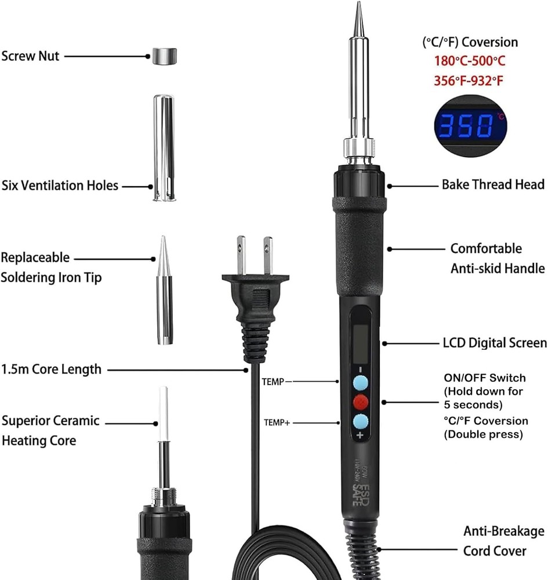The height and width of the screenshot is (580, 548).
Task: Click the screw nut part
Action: point(165,56)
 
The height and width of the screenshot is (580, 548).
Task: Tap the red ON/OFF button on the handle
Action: point(361,402)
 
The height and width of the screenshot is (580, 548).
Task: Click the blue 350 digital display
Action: point(470,126)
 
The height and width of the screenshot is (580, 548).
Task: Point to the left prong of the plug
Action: point(241,255)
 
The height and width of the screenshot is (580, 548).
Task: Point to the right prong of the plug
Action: point(268,256)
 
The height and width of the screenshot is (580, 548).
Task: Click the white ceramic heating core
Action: point(164,414)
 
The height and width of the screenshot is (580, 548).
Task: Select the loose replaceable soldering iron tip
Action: point(164,291)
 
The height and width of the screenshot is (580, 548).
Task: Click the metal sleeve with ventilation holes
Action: point(164,148)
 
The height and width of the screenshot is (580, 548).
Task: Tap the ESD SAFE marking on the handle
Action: point(361,495)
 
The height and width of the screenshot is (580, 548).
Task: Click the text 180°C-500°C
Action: point(469,61)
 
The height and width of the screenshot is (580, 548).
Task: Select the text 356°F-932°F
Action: point(469,80)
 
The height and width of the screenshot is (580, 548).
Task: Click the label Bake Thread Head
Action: point(493,184)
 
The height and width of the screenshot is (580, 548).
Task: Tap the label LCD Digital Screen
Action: point(495,343)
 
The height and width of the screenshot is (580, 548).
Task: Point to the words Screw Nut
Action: point(30,56)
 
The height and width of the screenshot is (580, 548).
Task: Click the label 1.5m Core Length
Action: point(51,369)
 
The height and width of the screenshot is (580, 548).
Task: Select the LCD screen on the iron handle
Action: point(360,344)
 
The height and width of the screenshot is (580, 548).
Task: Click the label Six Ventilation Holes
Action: point(60,186)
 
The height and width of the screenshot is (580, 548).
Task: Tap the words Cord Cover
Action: point(495,551)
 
